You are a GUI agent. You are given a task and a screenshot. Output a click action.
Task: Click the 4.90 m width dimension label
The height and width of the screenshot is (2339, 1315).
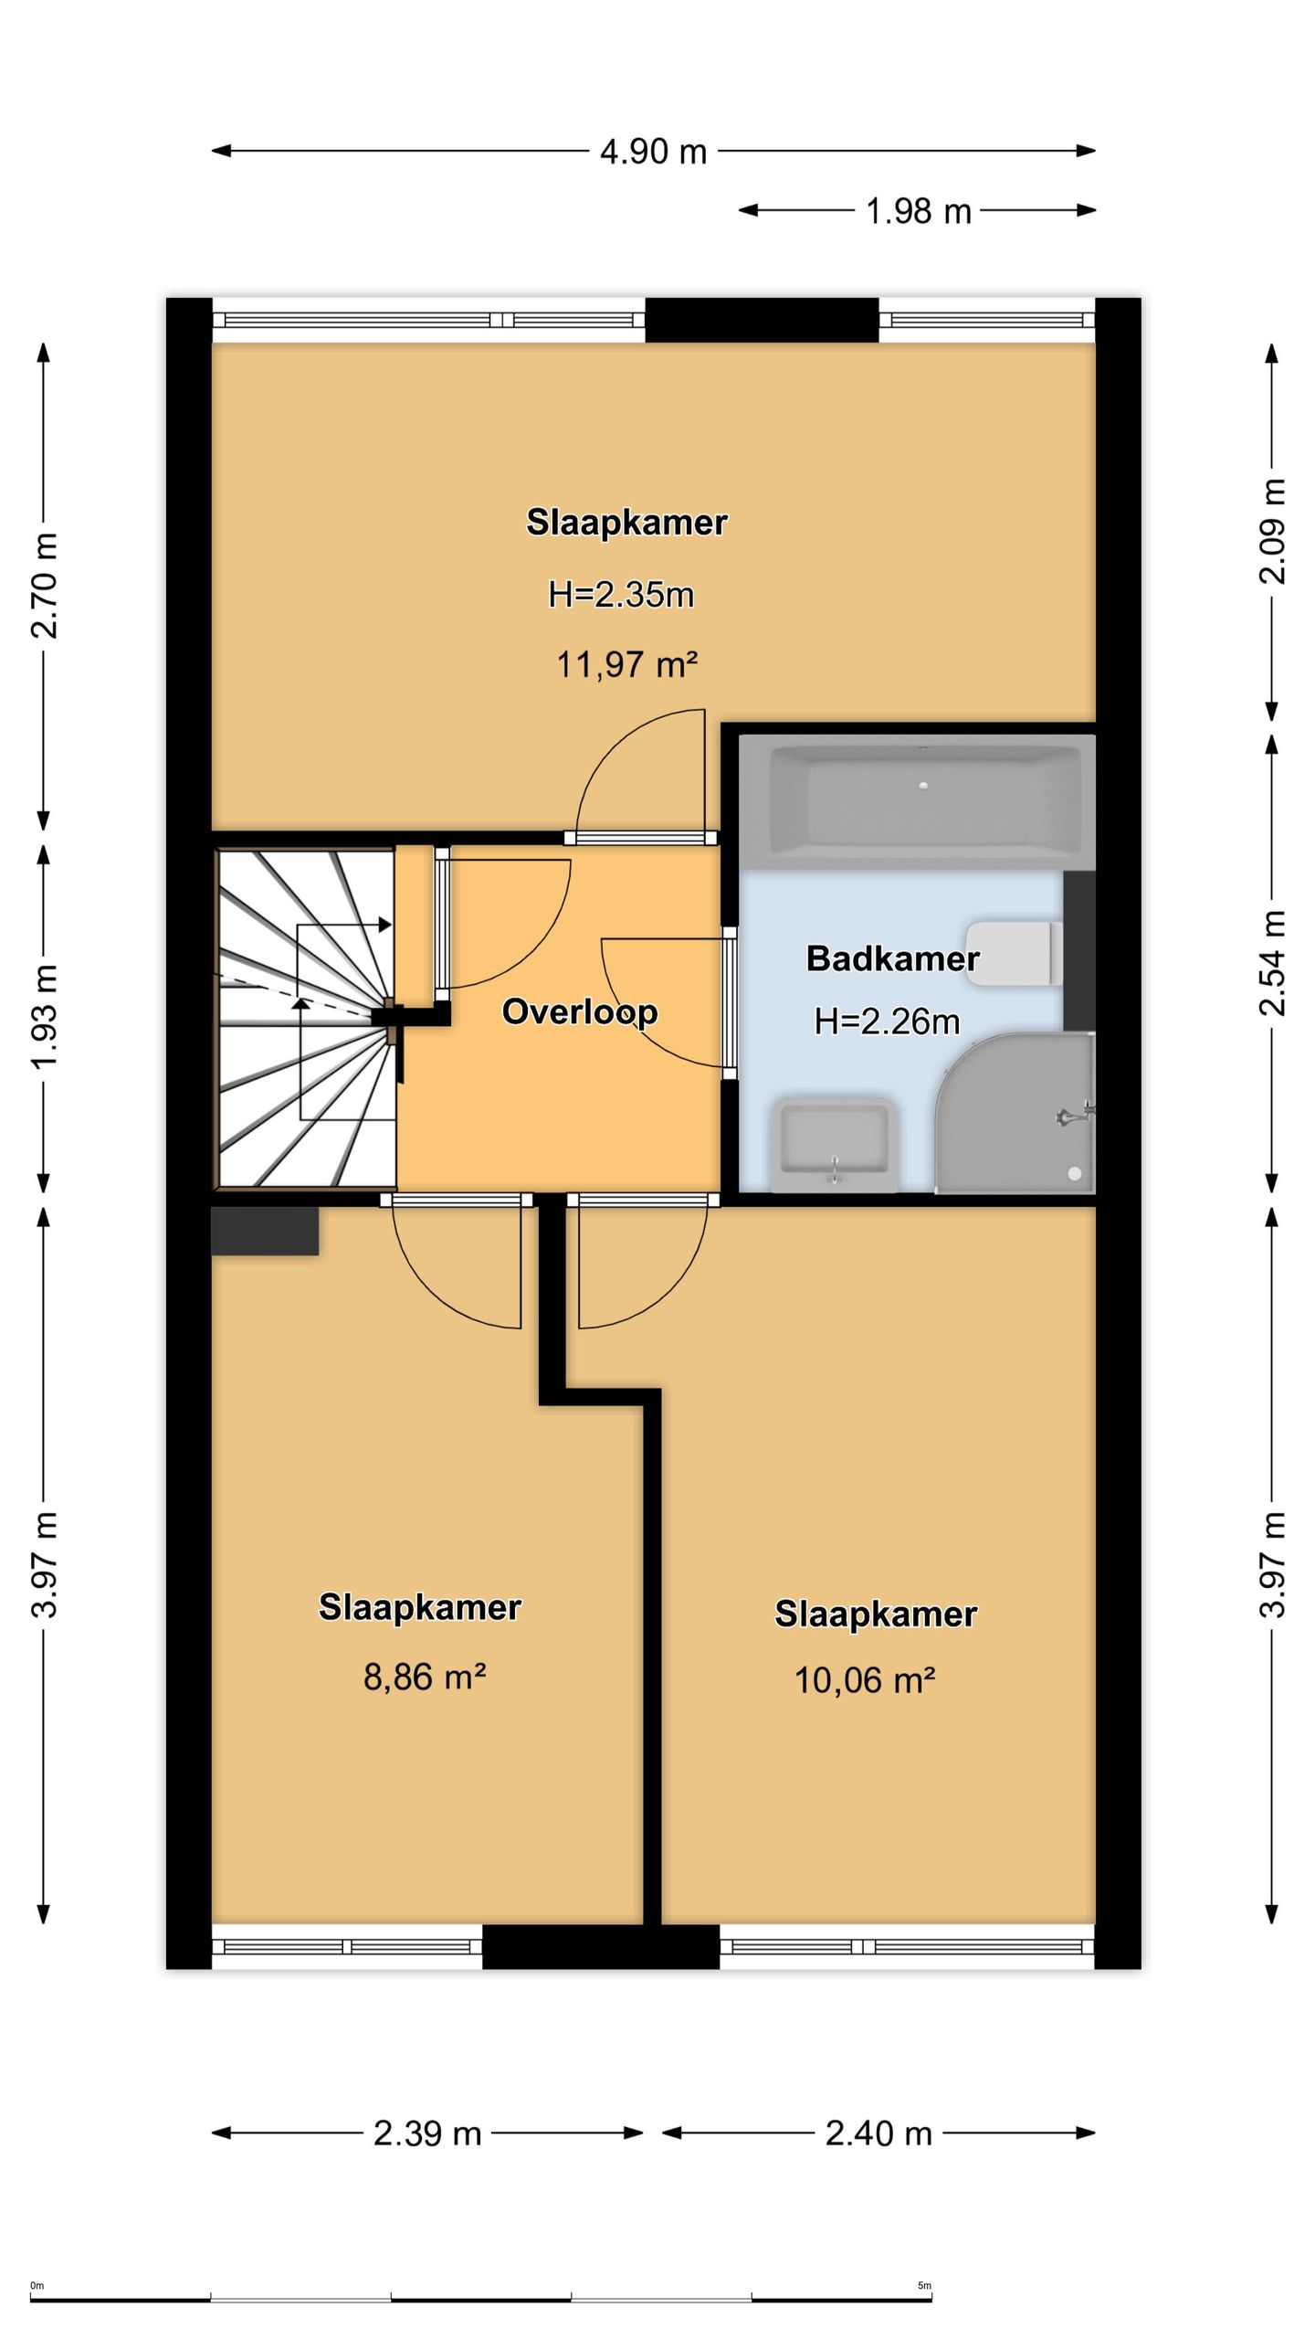[653, 152]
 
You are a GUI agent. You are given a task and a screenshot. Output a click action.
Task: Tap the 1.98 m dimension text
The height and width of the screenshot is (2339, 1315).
[918, 211]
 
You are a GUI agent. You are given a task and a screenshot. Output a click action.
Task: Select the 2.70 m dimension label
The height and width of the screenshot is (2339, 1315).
[45, 586]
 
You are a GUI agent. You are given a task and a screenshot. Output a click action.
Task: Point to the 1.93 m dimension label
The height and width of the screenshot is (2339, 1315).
[45, 1016]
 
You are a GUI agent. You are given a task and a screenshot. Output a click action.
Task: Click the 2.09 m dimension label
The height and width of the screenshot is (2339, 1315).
[1272, 531]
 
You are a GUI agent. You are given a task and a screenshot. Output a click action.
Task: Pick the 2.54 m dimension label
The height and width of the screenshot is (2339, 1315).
[1272, 963]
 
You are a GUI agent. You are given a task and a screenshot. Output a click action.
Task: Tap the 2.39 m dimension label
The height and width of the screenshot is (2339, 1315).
[427, 2133]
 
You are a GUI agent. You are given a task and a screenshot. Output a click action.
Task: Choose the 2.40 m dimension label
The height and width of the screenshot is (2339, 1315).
[878, 2133]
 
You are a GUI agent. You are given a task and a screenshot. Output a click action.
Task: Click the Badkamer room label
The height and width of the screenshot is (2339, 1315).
[892, 958]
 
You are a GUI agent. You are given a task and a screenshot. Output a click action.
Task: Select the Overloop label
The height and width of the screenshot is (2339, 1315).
[580, 1011]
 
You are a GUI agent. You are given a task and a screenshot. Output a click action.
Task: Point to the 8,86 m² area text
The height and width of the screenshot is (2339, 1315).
[425, 1677]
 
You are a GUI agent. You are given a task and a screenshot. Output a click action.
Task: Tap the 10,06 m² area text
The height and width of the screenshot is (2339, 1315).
[865, 1680]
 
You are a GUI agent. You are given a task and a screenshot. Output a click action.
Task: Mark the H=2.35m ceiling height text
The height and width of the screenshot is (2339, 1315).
[621, 595]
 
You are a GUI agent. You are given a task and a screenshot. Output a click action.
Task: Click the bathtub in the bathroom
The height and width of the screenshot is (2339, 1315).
[917, 801]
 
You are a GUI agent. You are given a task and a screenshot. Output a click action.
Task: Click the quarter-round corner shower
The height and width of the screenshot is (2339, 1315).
[1015, 1113]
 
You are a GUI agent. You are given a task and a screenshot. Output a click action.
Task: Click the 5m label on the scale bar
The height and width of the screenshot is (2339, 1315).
[924, 2279]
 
